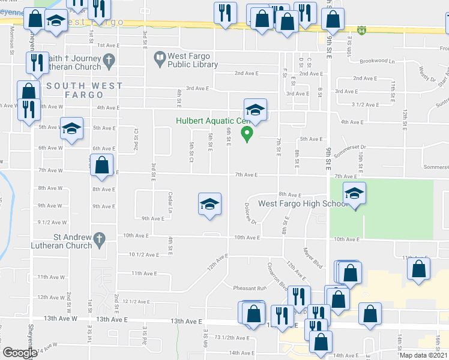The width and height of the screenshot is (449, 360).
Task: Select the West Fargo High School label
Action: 303,203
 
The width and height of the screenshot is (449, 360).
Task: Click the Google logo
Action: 20,353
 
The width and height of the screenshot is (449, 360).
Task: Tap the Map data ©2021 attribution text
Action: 423,355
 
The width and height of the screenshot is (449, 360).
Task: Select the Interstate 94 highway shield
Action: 361,29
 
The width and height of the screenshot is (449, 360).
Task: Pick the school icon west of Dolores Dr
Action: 209,204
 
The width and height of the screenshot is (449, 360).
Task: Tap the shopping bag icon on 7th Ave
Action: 101,164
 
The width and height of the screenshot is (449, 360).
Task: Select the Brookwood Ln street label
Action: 377,61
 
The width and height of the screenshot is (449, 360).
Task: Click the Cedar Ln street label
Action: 170,206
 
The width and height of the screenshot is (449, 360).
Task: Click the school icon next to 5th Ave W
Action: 72,129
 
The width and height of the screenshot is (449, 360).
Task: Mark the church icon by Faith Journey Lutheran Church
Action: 109,60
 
